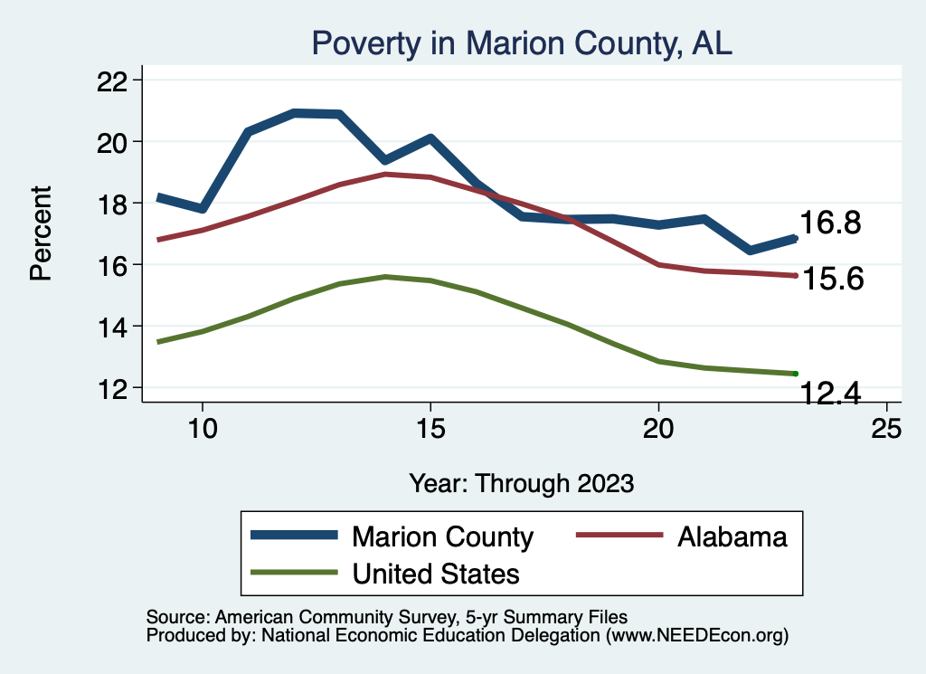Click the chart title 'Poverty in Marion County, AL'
(x=521, y=43)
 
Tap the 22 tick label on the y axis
(x=113, y=81)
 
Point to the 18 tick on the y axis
(x=113, y=204)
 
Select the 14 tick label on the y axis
(x=113, y=327)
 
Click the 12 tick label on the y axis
(x=113, y=388)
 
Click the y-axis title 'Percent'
(x=41, y=233)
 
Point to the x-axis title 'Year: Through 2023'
(x=521, y=482)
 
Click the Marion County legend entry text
(x=442, y=536)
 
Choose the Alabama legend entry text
(x=732, y=536)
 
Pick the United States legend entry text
(x=436, y=573)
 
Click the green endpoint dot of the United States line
(x=795, y=374)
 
